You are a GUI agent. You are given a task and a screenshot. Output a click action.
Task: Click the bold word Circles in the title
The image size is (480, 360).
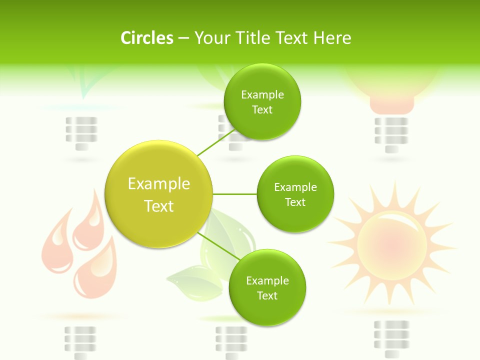[x=147, y=38]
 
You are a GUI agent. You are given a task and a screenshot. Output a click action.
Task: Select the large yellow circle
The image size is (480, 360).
[x=158, y=194]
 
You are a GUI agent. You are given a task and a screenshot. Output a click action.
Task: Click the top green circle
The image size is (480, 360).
[x=262, y=102]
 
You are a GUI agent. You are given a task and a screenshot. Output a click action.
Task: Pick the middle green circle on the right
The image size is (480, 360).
[x=295, y=194]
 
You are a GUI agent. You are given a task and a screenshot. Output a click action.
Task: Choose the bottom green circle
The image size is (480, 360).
[x=267, y=288]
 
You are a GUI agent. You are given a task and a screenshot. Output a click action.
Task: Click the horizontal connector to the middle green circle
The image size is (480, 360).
[x=234, y=194]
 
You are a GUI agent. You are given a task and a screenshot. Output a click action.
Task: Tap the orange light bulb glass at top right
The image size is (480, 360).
[x=392, y=85]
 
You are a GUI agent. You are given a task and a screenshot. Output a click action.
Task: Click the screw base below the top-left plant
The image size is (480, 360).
[x=81, y=133]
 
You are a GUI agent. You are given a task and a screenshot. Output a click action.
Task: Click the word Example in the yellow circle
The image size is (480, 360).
[x=158, y=184]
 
